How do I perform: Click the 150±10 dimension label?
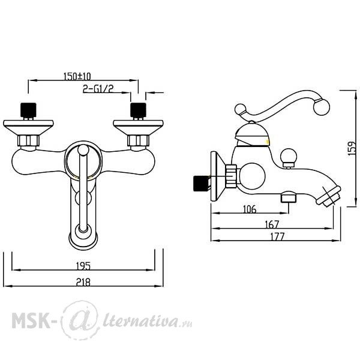(x=77, y=76)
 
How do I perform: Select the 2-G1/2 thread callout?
(x=98, y=89)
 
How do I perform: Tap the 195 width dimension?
(x=83, y=266)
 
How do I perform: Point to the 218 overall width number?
(x=83, y=282)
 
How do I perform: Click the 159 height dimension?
(x=352, y=149)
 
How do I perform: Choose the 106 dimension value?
(x=250, y=209)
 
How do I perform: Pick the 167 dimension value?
(x=272, y=224)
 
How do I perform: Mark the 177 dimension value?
(x=277, y=236)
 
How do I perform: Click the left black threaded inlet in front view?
(x=28, y=110)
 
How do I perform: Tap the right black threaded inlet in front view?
(x=138, y=110)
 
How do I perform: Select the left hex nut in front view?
(x=28, y=140)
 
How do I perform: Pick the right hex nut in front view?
(x=138, y=140)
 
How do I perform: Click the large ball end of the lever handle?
(x=322, y=107)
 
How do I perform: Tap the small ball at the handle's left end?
(x=241, y=110)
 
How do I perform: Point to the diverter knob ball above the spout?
(x=289, y=156)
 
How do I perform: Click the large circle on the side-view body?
(x=252, y=176)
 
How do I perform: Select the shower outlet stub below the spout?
(x=289, y=197)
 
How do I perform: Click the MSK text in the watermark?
(x=31, y=320)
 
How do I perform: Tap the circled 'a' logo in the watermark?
(x=80, y=320)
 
